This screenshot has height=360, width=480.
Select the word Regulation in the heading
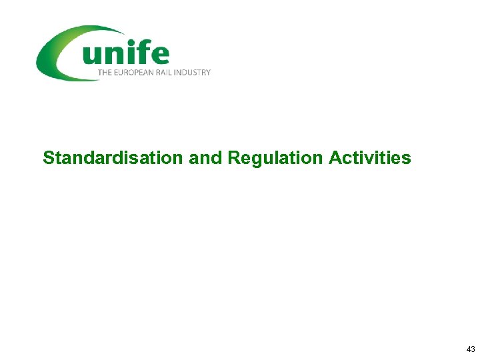coord(275,158)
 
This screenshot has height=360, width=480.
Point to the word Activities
coord(370,158)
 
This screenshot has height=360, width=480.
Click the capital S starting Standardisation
coord(48,158)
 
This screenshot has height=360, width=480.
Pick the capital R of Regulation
coord(233,158)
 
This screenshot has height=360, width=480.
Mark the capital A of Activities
coord(335,158)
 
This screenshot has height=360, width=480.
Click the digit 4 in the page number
coord(469,349)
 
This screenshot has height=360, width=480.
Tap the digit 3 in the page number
coord(473,349)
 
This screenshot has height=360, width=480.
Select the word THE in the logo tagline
coord(105,72)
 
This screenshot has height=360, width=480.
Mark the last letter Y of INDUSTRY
coord(208,72)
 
